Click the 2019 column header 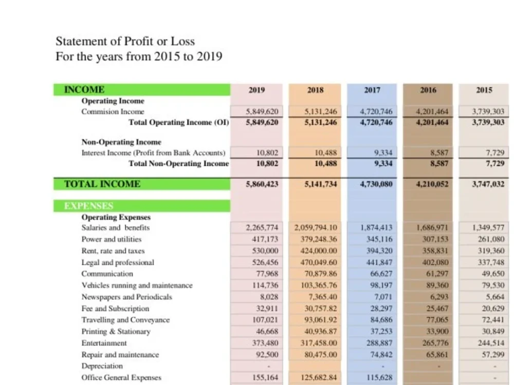(256, 90)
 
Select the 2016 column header (428, 90)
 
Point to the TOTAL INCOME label (102, 184)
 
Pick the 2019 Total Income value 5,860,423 (262, 184)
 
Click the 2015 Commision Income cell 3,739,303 (488, 111)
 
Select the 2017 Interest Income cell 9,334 (383, 153)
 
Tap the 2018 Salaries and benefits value (316, 227)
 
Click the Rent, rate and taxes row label (113, 251)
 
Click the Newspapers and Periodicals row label (127, 297)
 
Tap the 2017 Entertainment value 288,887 (379, 343)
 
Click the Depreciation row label (102, 366)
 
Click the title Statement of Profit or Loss (125, 41)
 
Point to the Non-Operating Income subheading (121, 142)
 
